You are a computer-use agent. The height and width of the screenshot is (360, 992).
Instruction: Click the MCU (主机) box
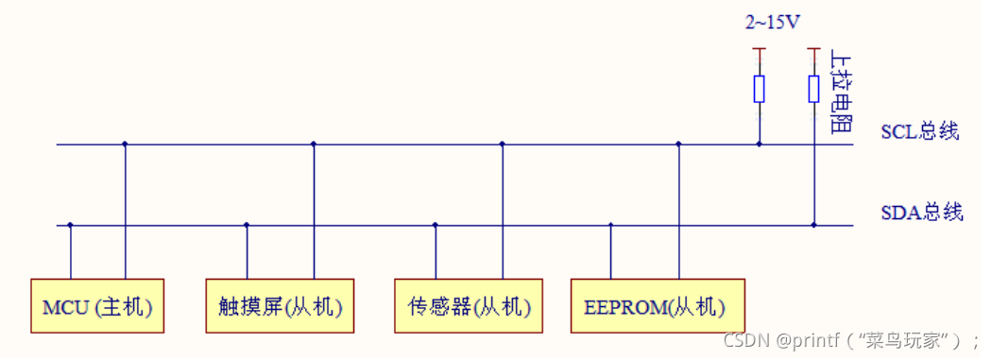tap(97, 306)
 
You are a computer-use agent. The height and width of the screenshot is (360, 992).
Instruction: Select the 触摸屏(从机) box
tap(281, 306)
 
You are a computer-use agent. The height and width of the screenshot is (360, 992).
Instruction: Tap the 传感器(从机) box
tap(469, 306)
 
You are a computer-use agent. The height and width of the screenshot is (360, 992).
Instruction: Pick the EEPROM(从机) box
tap(655, 306)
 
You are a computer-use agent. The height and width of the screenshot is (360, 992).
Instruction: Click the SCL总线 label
tap(919, 131)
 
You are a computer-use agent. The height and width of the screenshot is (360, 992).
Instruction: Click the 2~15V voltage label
tap(774, 22)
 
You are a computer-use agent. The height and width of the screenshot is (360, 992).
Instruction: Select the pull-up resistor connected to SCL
tap(759, 89)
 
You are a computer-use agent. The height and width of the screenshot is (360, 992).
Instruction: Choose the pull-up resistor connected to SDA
tap(813, 89)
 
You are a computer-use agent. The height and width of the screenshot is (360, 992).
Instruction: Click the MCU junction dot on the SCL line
tap(125, 145)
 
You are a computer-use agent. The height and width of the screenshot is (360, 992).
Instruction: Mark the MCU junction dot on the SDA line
tap(70, 225)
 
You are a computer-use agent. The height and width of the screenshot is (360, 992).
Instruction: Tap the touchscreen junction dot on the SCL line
tap(314, 145)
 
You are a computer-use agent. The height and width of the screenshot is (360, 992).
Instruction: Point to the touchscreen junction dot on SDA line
tap(247, 225)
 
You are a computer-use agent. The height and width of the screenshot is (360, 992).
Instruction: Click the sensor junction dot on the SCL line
tap(502, 145)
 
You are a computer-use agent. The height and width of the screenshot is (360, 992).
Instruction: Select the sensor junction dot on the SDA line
tap(435, 225)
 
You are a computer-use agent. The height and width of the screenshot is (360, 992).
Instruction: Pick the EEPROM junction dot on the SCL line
tap(678, 145)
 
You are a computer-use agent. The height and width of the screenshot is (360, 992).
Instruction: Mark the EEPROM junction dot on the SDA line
tap(610, 225)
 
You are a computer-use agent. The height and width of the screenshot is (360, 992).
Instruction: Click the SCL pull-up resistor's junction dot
tap(759, 145)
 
